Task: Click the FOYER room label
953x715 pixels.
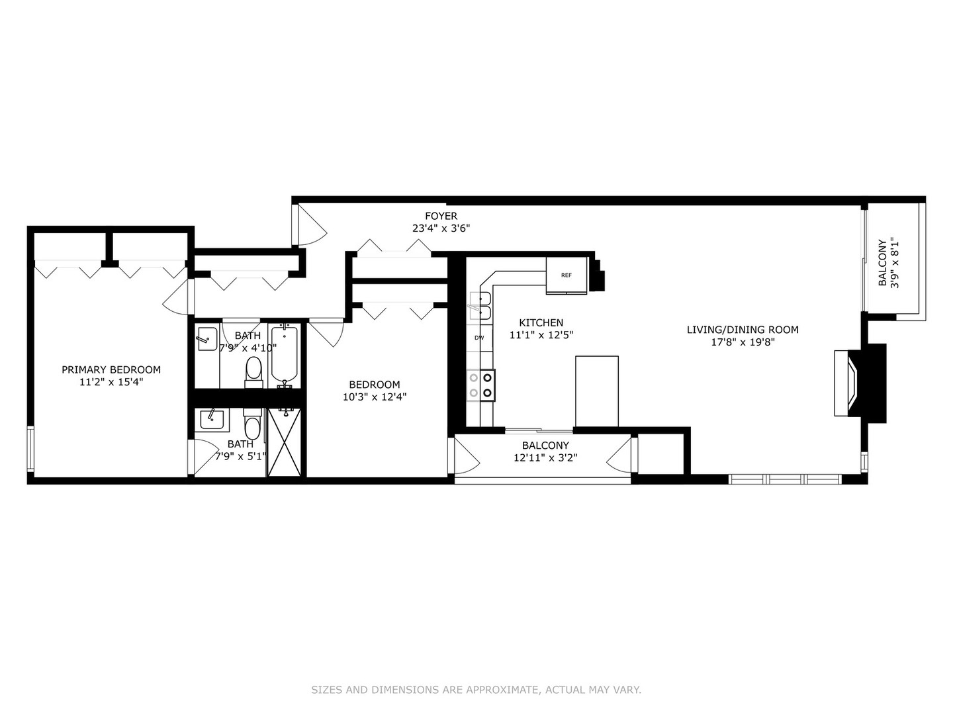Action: [441, 216]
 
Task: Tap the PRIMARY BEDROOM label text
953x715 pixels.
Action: [111, 369]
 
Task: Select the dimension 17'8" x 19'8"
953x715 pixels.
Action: [742, 342]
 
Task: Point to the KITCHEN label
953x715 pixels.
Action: [541, 322]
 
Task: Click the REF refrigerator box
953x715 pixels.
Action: [567, 275]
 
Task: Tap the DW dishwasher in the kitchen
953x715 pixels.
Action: [479, 338]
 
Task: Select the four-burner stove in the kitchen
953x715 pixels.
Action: [480, 385]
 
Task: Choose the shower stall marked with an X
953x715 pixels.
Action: [285, 443]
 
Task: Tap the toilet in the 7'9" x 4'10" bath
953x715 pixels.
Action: [253, 371]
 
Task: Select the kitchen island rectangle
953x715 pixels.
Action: [596, 391]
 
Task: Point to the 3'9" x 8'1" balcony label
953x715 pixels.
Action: [882, 262]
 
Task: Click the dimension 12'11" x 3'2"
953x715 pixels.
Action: [545, 457]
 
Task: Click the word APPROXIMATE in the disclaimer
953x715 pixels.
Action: [502, 690]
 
